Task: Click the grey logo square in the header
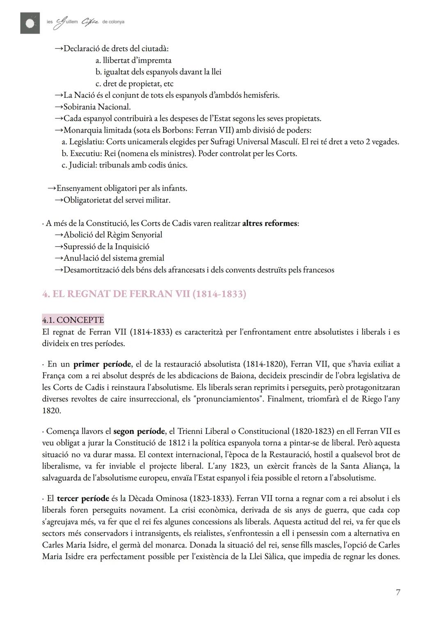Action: coord(30,23)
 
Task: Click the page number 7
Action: coord(397,592)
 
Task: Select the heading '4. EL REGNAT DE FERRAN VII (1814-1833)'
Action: coord(144,294)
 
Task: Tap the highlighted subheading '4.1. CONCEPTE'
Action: coord(73,319)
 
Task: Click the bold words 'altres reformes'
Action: coord(269,223)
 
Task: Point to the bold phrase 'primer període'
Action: coord(102,364)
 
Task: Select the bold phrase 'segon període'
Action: coord(139,431)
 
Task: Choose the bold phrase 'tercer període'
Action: coord(83,498)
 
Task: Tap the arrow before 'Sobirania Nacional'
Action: coord(59,107)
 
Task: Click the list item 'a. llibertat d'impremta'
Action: coord(133,60)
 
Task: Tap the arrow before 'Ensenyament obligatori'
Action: coord(51,188)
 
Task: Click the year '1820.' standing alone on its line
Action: coord(51,410)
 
